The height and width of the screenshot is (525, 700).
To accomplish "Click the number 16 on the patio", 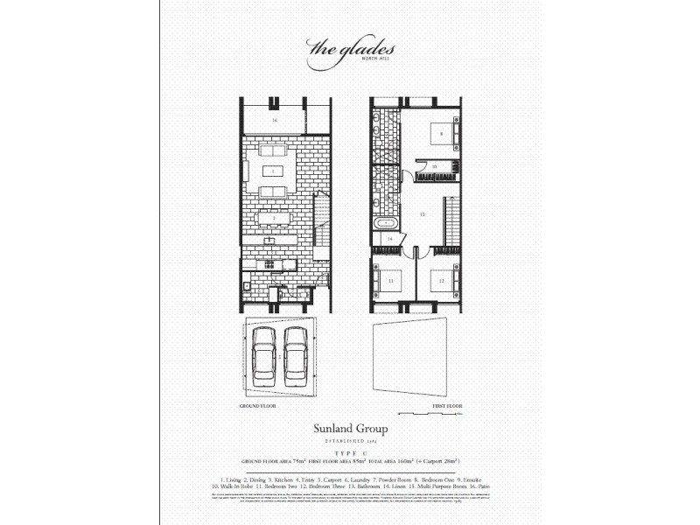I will (273, 119).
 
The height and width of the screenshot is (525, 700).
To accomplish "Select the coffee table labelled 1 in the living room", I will (273, 171).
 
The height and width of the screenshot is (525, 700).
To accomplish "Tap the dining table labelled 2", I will (273, 218).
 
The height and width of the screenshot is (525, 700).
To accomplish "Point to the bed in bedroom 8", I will (439, 134).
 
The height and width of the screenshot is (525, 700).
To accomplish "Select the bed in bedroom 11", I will (388, 281).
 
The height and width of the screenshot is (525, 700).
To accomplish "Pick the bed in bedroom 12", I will (441, 282).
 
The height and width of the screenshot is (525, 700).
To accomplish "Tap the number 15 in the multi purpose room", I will (422, 213).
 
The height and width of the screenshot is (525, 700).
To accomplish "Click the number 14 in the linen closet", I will (390, 238).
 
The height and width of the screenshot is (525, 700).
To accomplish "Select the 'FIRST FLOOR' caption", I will (446, 408).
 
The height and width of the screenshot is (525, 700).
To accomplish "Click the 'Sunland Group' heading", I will (350, 430).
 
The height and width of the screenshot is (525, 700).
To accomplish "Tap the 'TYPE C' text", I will (350, 452).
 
